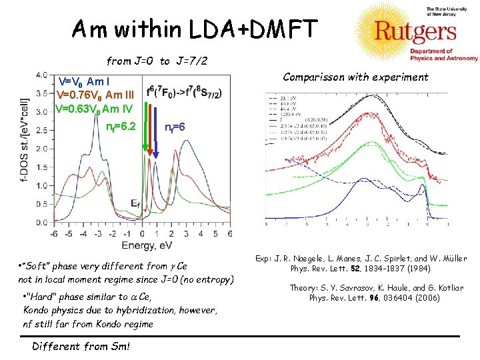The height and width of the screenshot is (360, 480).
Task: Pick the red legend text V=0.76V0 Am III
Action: coord(97,95)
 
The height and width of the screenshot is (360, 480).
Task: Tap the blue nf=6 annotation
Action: coord(179,126)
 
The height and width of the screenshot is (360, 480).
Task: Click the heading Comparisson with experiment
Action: coord(355,77)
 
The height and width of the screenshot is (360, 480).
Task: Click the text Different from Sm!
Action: coord(81,345)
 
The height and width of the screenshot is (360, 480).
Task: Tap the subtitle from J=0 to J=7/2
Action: coord(157,61)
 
